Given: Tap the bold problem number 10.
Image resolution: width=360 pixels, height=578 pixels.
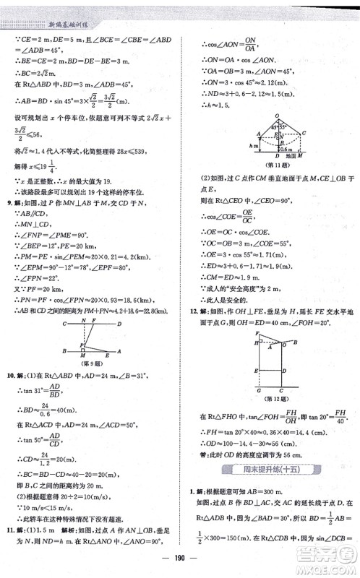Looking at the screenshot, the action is point(10,376).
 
